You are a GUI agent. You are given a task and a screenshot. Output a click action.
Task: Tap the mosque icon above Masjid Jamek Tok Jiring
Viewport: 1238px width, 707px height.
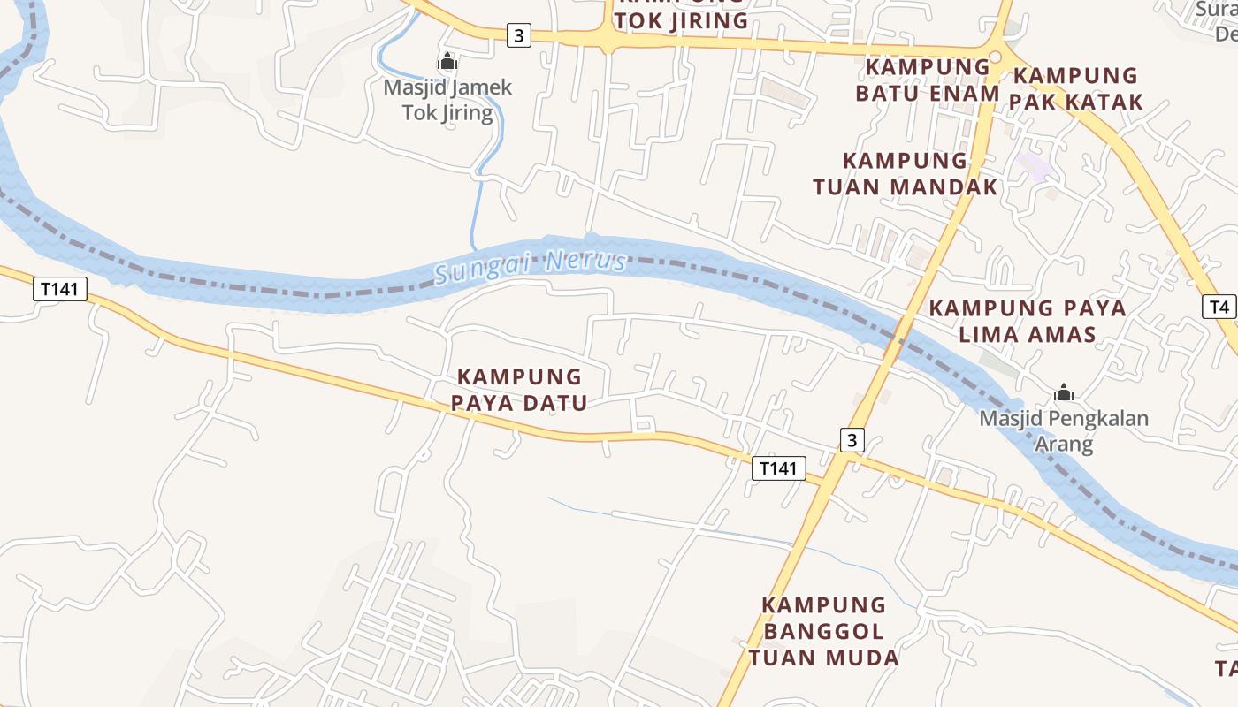[x=447, y=62]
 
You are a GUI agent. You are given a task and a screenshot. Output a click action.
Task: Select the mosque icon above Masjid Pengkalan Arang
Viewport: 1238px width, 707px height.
[x=1063, y=392]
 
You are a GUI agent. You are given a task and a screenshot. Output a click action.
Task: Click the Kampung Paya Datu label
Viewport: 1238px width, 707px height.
[x=519, y=390]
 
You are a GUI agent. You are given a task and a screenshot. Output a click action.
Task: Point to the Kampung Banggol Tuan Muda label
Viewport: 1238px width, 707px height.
[x=823, y=631]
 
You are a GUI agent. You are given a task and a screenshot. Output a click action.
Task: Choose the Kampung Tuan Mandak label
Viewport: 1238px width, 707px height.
[x=905, y=173]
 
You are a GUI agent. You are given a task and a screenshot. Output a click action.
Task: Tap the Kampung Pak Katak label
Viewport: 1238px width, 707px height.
[x=1076, y=88]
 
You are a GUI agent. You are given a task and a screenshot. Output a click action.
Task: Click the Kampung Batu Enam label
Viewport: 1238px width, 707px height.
[x=927, y=80]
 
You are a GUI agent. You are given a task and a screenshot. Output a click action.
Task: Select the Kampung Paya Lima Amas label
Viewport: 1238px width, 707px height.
[x=1028, y=321]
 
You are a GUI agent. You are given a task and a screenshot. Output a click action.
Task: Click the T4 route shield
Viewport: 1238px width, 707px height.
[x=1219, y=308]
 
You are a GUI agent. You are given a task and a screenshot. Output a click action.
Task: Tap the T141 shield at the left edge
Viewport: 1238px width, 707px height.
[x=60, y=289]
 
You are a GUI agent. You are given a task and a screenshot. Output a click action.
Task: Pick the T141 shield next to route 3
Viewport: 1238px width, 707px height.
[x=779, y=468]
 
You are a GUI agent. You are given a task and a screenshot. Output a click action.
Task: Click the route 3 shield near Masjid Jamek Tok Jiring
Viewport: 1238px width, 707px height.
[x=519, y=36]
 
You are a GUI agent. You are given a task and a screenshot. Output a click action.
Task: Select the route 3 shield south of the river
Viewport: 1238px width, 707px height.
[x=851, y=440]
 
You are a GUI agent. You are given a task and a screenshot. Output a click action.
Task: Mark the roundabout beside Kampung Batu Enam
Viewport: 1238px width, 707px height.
[x=995, y=57]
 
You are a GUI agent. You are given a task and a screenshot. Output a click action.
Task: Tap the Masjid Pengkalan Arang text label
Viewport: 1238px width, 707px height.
[x=1063, y=430]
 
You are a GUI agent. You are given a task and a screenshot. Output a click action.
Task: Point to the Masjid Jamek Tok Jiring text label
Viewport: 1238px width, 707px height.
[x=447, y=100]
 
